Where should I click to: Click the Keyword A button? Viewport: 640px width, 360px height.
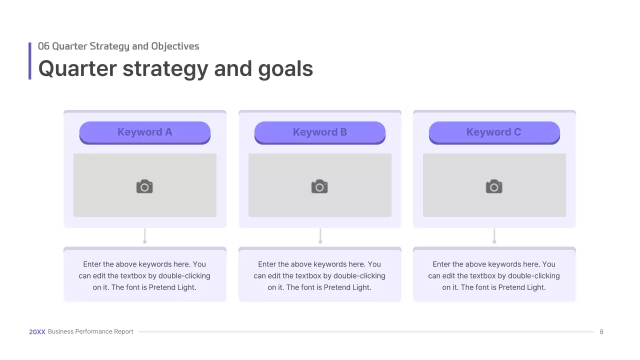tap(145, 132)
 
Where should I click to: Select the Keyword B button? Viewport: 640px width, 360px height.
tap(320, 132)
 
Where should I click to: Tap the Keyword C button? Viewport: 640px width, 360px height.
tap(494, 132)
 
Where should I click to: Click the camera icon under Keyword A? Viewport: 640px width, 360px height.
tap(144, 186)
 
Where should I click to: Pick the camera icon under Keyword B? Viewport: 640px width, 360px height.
tap(319, 186)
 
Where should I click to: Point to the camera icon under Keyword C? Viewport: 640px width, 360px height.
tap(494, 186)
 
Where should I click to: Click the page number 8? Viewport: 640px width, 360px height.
tap(601, 332)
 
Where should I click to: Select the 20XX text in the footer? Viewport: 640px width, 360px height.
tap(37, 332)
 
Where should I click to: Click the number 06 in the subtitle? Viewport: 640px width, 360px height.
tap(43, 46)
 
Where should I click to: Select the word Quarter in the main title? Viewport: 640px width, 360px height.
tap(77, 69)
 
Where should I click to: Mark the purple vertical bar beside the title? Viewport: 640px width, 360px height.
tap(30, 61)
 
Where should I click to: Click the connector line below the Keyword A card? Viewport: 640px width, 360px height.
tap(145, 235)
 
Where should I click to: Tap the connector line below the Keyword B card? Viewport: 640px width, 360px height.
tap(320, 235)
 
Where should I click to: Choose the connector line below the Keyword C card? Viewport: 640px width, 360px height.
tap(494, 235)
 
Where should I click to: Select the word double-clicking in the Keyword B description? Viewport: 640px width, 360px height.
tap(359, 276)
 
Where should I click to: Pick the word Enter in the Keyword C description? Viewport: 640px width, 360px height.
tap(441, 264)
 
